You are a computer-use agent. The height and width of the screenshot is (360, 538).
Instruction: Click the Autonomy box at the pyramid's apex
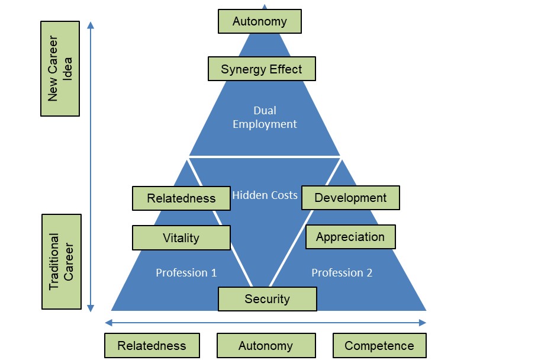(x=260, y=21)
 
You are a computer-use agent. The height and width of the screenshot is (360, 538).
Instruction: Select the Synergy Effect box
(x=262, y=69)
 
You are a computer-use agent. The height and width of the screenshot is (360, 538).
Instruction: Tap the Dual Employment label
(x=265, y=117)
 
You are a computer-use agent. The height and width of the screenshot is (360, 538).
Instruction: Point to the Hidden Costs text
(x=265, y=195)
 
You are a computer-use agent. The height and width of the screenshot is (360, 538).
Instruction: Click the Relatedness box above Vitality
(x=181, y=198)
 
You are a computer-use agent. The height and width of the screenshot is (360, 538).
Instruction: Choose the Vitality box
(x=181, y=237)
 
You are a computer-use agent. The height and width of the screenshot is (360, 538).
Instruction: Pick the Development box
(x=350, y=198)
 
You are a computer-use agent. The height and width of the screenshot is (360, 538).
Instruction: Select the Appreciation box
(x=350, y=237)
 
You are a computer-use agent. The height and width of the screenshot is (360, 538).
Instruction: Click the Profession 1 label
(x=186, y=272)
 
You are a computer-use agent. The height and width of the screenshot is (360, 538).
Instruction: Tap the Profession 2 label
(x=342, y=272)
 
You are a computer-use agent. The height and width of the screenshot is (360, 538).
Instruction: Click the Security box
(x=268, y=299)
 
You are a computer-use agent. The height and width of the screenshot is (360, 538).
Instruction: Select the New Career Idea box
(x=60, y=69)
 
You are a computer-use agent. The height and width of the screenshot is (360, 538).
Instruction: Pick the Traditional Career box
(x=62, y=262)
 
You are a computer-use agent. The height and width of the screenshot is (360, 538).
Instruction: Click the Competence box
(x=379, y=345)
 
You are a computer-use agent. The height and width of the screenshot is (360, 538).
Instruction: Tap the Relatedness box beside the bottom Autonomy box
(x=152, y=345)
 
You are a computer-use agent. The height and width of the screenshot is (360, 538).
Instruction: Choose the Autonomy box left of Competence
(x=266, y=345)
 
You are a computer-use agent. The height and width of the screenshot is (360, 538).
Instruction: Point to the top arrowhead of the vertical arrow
(x=91, y=25)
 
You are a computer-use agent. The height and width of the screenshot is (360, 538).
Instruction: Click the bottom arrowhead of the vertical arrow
(x=91, y=308)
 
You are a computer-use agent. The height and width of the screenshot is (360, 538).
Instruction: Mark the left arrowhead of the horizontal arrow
(x=108, y=323)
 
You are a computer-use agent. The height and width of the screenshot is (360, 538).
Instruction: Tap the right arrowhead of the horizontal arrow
(x=423, y=323)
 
